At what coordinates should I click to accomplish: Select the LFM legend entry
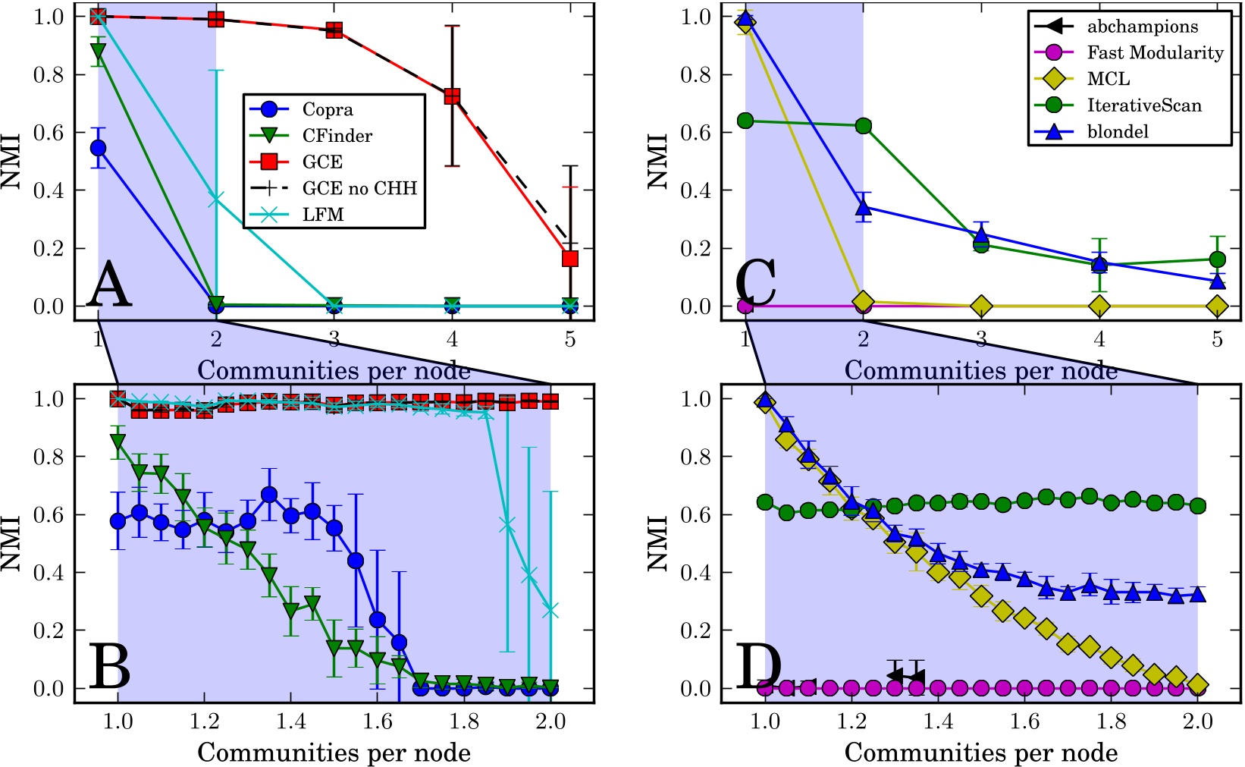(323, 215)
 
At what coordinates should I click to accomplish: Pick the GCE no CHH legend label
(359, 188)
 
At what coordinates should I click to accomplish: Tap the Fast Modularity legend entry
(1155, 52)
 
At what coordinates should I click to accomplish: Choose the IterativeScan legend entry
(1144, 105)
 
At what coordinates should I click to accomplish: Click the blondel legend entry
(1118, 131)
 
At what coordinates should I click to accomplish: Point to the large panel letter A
(109, 283)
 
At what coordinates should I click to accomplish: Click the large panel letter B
(109, 665)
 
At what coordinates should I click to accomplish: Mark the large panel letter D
(758, 665)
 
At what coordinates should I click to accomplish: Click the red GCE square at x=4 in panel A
(452, 96)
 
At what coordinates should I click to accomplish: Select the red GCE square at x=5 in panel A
(570, 259)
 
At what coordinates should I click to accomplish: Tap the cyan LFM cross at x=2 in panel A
(216, 199)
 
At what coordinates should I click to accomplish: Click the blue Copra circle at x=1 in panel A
(98, 148)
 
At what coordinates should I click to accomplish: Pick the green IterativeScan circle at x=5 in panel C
(1217, 259)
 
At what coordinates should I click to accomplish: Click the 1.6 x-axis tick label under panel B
(377, 721)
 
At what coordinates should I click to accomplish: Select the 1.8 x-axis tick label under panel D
(1112, 721)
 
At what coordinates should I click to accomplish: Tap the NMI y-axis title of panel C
(657, 162)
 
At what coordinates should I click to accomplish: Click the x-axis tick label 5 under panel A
(570, 339)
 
